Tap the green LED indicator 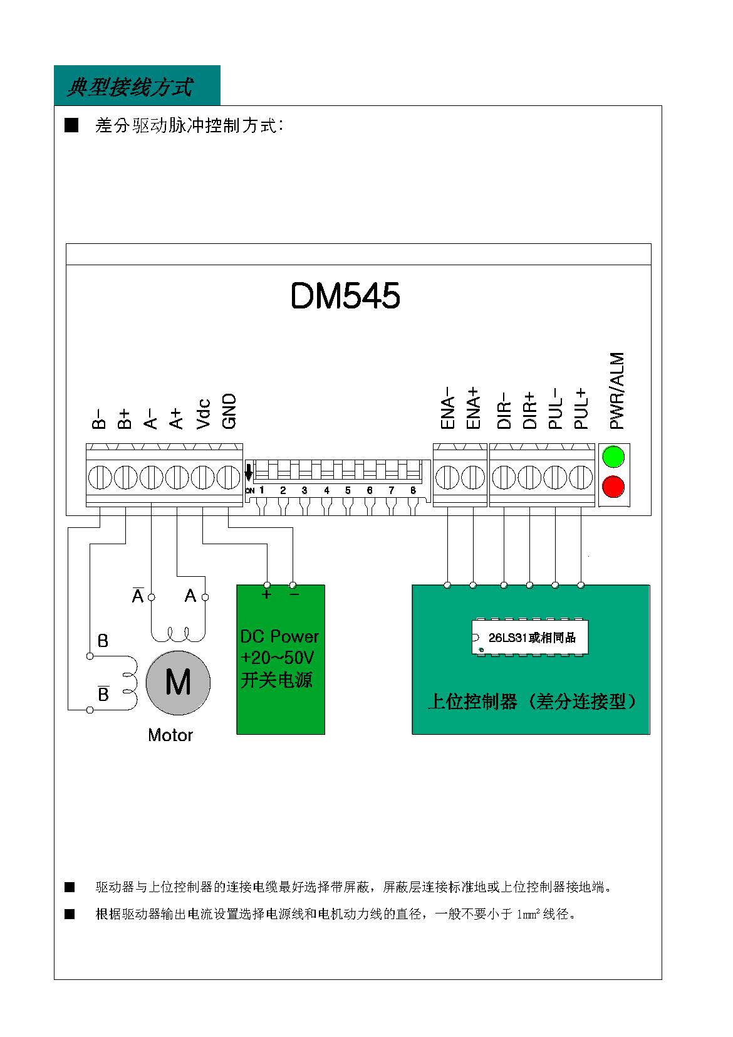[x=613, y=456]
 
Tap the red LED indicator [x=613, y=487]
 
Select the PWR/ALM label [x=616, y=391]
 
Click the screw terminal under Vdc [x=202, y=477]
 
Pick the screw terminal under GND [x=229, y=477]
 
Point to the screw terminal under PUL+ [x=581, y=477]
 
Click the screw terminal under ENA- [x=447, y=477]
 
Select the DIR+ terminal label [x=529, y=411]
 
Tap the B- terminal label [x=98, y=419]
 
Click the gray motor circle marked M [x=178, y=682]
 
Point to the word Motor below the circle [x=170, y=735]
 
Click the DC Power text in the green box [x=279, y=636]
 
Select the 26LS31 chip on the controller [x=530, y=638]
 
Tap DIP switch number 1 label [x=262, y=490]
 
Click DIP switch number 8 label [x=413, y=490]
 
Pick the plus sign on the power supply [x=266, y=594]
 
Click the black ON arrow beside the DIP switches [x=248, y=471]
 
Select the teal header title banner [x=137, y=86]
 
